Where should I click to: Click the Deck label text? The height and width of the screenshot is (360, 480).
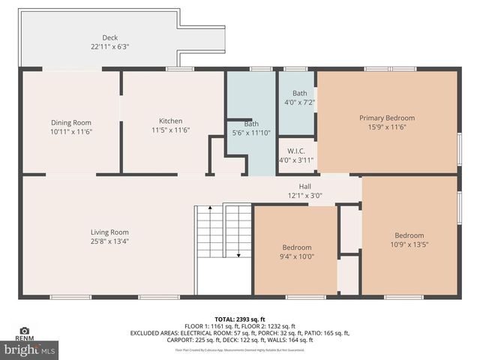tap(110, 37)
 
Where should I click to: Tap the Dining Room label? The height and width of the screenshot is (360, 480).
tap(70, 122)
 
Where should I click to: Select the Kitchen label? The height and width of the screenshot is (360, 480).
tap(170, 121)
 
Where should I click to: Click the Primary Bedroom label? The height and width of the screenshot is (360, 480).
tap(386, 118)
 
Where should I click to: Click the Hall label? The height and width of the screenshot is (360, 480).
tap(304, 187)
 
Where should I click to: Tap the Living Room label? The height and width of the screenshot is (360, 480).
tap(109, 232)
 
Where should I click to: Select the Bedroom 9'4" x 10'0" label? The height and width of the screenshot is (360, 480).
tap(296, 247)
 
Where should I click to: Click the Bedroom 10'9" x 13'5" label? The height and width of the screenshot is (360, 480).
tap(409, 235)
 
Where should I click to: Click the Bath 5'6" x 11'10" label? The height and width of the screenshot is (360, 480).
tap(251, 124)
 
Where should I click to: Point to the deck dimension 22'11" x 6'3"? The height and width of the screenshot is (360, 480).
tap(110, 46)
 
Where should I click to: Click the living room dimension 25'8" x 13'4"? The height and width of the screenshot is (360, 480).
tap(109, 241)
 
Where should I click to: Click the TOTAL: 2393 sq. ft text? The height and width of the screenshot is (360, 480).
tap(240, 319)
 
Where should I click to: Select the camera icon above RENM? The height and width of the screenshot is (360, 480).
tap(25, 331)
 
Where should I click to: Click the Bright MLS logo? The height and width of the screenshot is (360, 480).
tap(30, 349)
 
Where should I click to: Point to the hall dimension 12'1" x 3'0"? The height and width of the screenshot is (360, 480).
tap(304, 196)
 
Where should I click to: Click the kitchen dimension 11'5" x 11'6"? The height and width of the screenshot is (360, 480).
tap(170, 130)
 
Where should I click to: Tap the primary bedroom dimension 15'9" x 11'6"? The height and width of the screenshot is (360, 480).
tap(386, 127)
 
